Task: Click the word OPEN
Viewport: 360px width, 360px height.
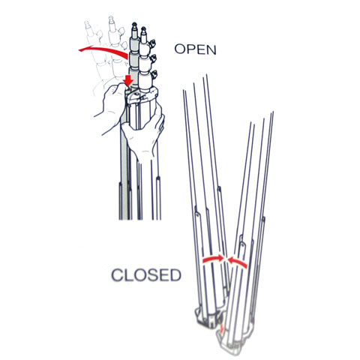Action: [195, 49]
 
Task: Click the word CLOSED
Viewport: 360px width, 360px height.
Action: [146, 275]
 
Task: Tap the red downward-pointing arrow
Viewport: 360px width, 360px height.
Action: [129, 80]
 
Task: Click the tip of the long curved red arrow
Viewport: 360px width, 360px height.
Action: [79, 50]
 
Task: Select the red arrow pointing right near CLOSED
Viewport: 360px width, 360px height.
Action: [213, 259]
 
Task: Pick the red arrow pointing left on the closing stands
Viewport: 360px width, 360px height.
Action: [238, 262]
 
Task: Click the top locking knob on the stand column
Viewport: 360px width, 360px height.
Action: [153, 43]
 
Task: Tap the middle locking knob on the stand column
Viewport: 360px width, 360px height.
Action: [153, 58]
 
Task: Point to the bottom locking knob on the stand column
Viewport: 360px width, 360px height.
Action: [154, 74]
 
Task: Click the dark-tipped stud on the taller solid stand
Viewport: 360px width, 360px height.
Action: [134, 25]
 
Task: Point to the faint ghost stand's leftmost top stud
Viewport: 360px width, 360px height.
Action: [87, 25]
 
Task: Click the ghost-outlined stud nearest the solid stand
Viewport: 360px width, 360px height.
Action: [112, 20]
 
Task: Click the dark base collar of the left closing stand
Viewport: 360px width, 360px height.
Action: [208, 317]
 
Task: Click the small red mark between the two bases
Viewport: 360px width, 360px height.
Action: [221, 328]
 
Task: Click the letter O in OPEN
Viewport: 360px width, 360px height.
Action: [180, 49]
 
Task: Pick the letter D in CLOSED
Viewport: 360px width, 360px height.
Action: [175, 275]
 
